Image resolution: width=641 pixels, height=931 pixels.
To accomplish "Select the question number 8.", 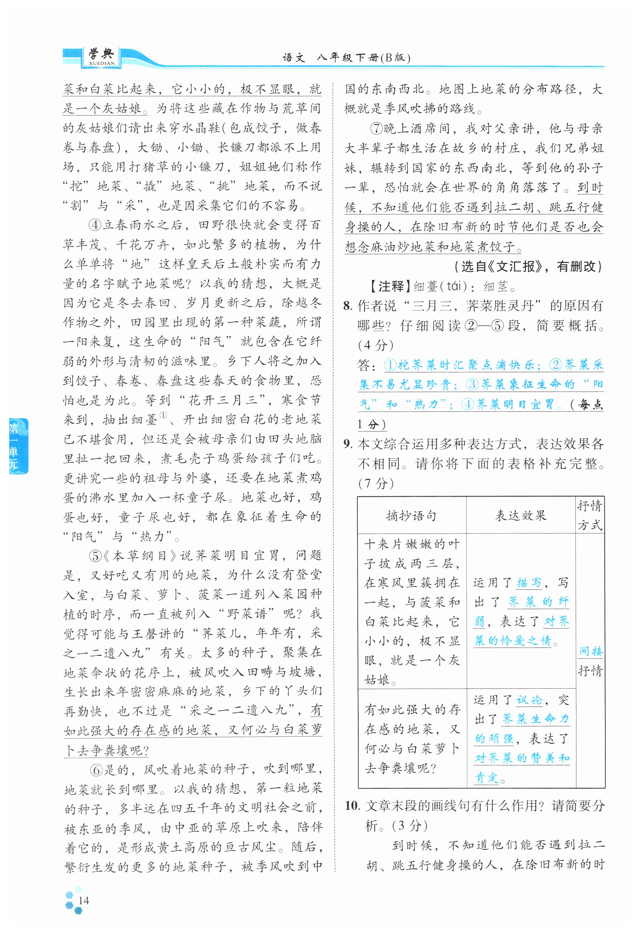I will click(348, 306).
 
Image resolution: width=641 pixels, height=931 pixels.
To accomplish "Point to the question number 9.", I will click(348, 444).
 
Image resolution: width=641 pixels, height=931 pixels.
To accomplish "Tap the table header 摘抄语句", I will click(411, 515).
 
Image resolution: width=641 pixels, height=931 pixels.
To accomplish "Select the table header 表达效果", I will click(521, 515).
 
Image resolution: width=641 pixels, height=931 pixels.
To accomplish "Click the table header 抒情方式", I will click(590, 515).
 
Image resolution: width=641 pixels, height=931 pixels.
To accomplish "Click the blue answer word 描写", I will click(529, 582).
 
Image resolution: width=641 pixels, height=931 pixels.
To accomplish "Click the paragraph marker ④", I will click(95, 225).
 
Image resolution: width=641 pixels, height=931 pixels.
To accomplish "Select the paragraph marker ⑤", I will click(95, 556).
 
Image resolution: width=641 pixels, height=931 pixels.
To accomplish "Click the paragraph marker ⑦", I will click(377, 129).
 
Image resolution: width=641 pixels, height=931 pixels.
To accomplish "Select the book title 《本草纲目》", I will click(140, 556).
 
